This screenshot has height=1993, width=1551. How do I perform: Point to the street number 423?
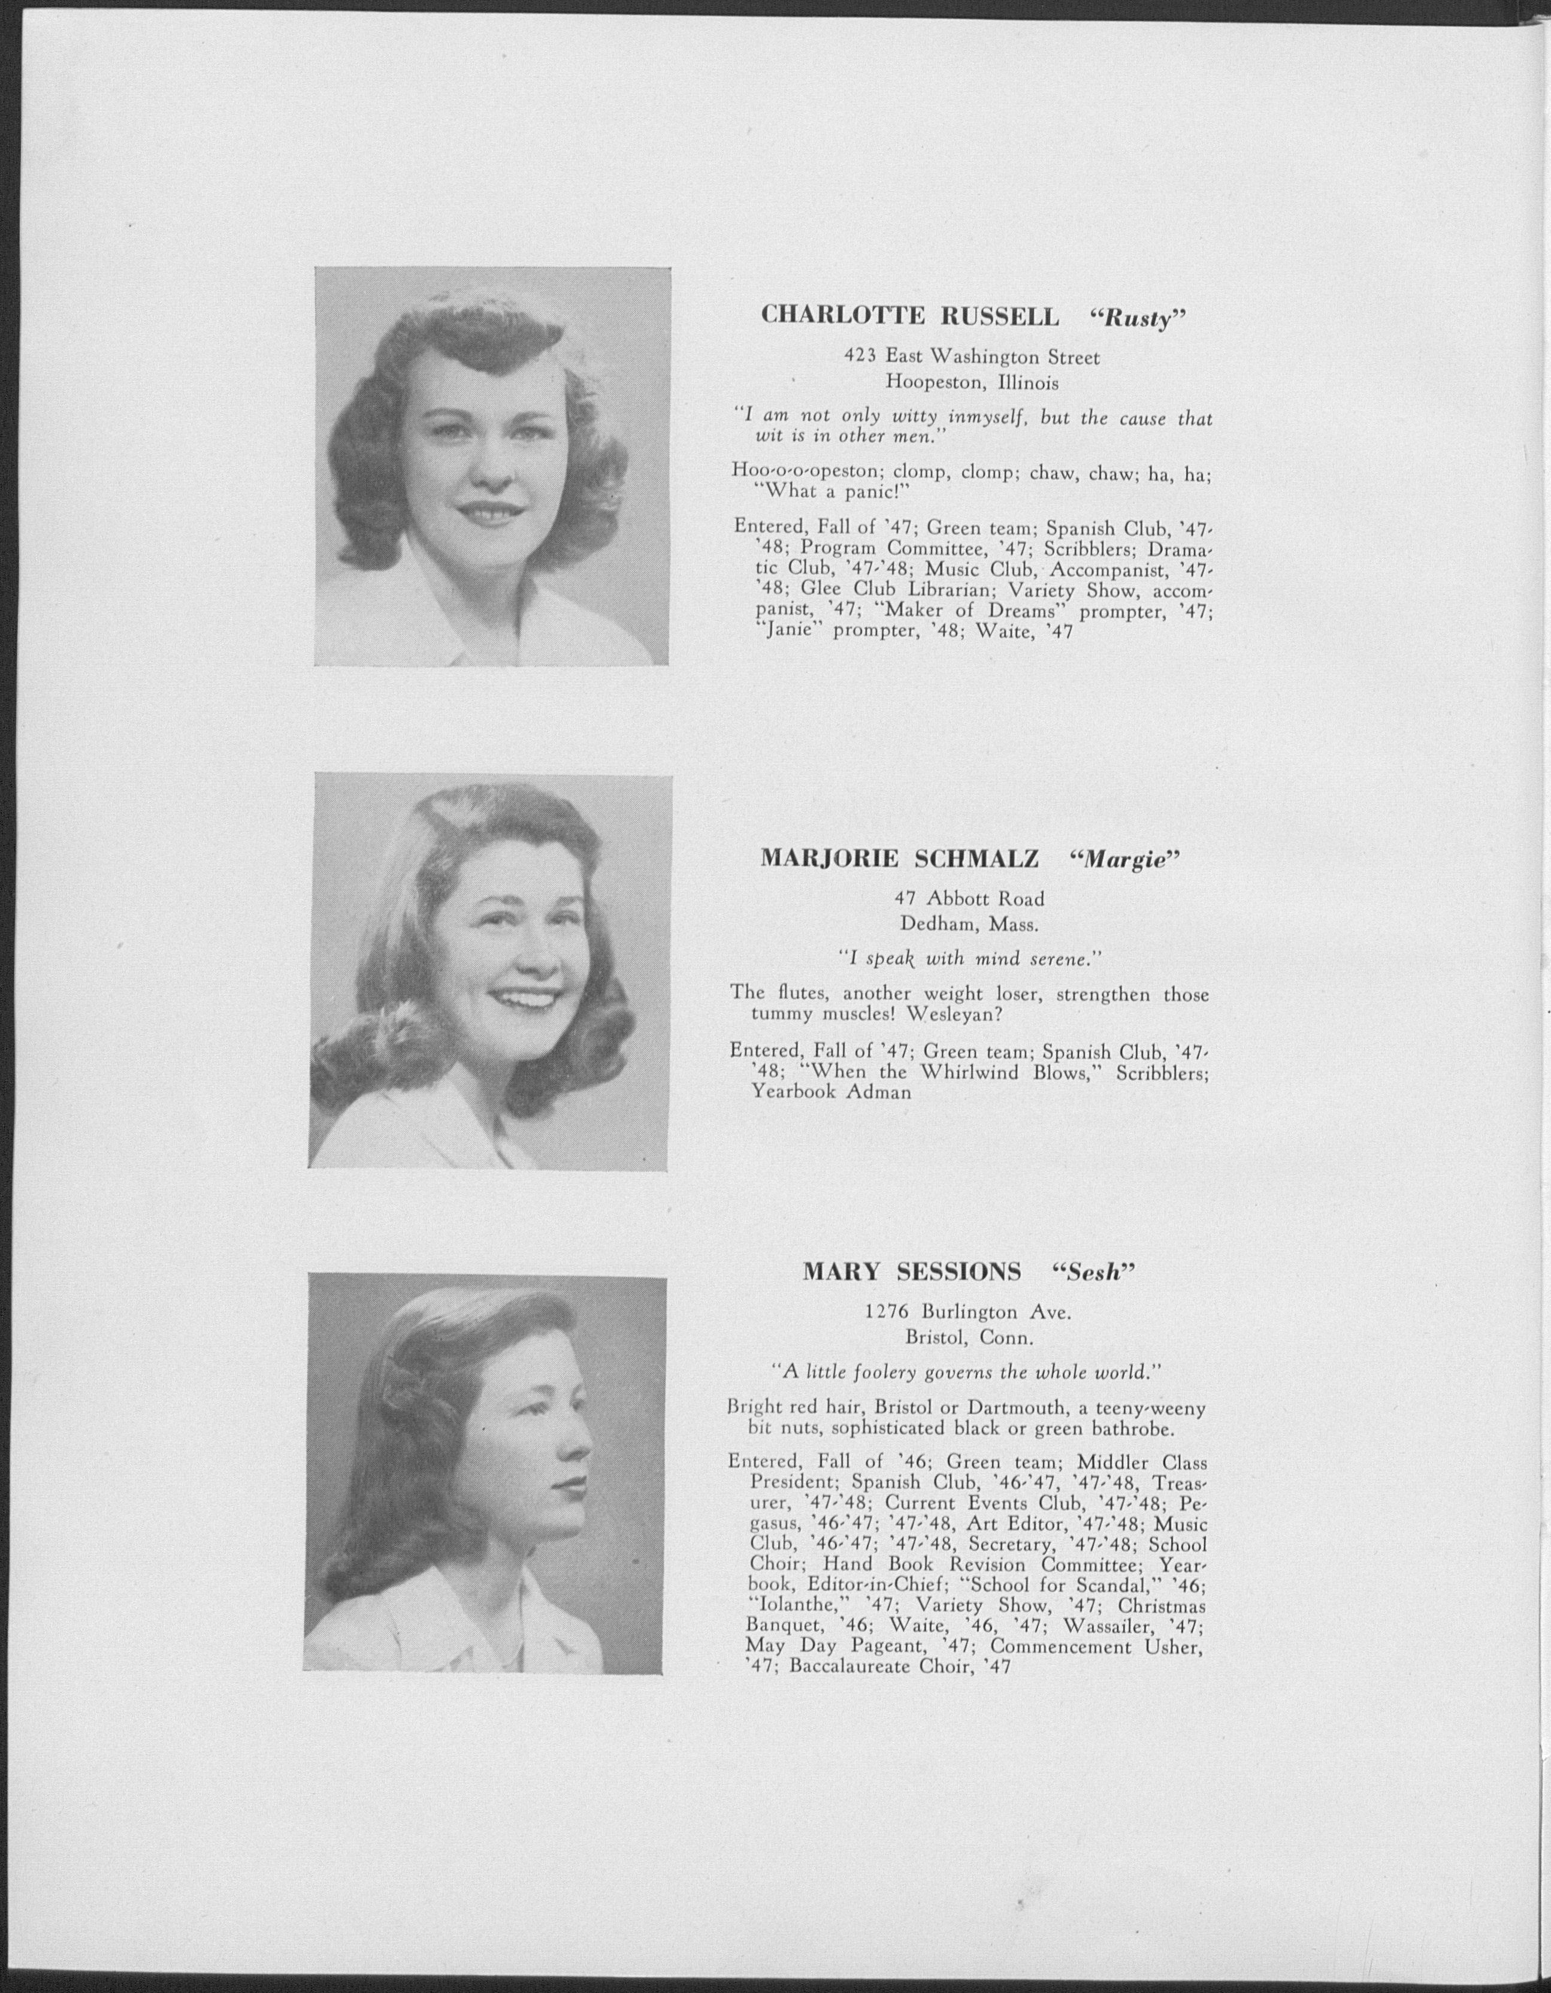coord(860,358)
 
